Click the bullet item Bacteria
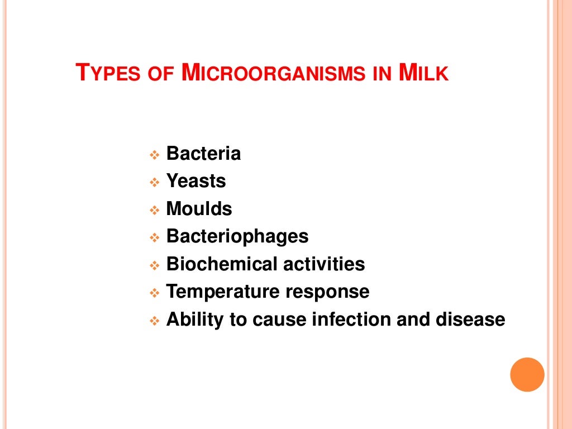[x=203, y=154]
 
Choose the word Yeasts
[x=196, y=181]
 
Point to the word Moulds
[x=199, y=209]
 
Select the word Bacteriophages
[x=237, y=236]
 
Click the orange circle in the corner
[x=527, y=374]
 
